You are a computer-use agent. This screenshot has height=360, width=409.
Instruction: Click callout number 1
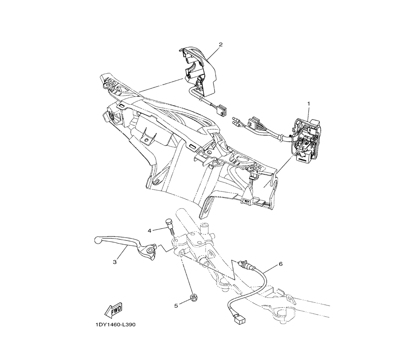pyautogui.click(x=309, y=104)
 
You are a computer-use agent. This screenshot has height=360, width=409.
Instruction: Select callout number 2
pyautogui.click(x=220, y=44)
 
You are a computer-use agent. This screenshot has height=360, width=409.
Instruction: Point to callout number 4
pyautogui.click(x=150, y=231)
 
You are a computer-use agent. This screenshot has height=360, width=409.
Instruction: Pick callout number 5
pyautogui.click(x=176, y=305)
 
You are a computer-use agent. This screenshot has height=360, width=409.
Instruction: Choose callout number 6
pyautogui.click(x=281, y=264)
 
